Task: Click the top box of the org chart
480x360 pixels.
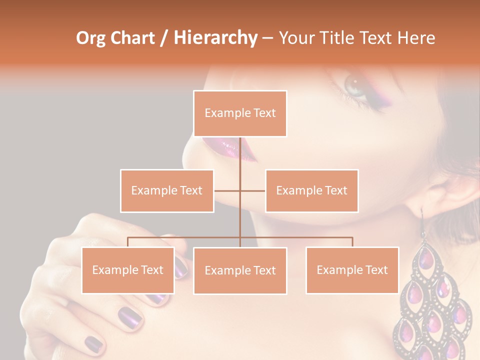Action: tap(240, 113)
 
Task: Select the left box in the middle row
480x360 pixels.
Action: tap(167, 190)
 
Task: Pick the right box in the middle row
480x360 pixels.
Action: tap(311, 190)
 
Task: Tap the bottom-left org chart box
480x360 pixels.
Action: tap(128, 270)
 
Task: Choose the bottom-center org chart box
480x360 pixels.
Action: tap(240, 270)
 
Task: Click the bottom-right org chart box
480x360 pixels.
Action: tap(352, 270)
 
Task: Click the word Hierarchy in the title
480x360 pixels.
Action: tap(215, 37)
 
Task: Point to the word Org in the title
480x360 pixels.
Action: tap(91, 37)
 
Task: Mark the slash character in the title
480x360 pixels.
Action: tap(164, 38)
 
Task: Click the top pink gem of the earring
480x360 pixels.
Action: tap(426, 258)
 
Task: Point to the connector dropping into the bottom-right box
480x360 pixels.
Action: tap(352, 242)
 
